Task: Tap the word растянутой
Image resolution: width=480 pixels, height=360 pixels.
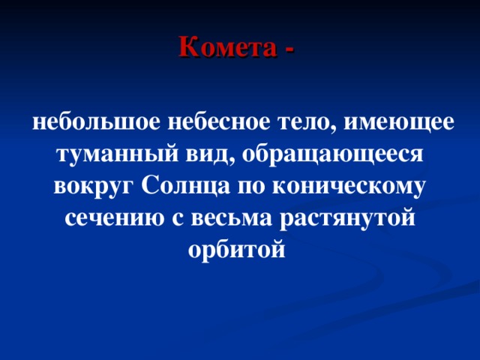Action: (348, 220)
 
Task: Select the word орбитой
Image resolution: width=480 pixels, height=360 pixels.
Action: (239, 250)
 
